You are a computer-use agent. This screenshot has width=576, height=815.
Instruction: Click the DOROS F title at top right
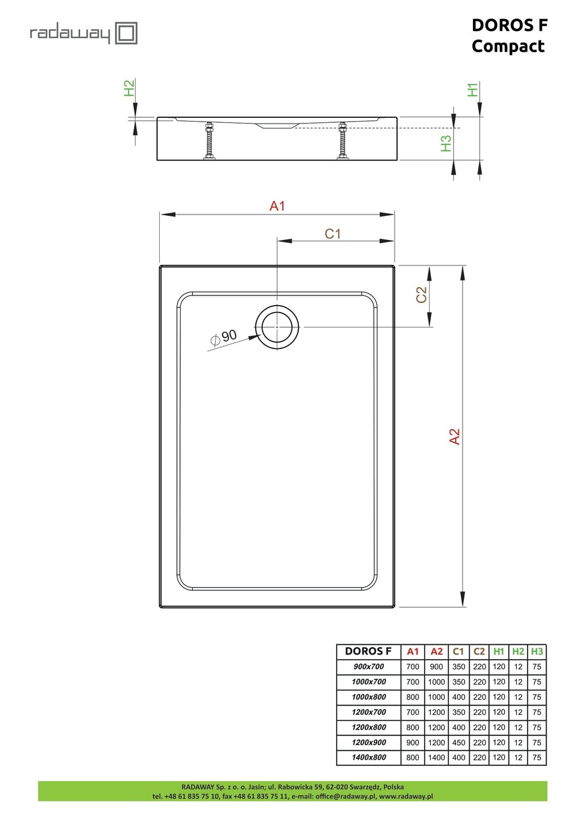click(x=509, y=25)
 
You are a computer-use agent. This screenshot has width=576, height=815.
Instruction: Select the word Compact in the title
click(x=508, y=46)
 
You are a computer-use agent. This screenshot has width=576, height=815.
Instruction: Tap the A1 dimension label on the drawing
click(x=277, y=206)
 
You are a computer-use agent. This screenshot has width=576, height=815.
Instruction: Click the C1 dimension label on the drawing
click(x=333, y=234)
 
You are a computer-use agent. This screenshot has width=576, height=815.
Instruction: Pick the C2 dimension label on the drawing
click(x=421, y=295)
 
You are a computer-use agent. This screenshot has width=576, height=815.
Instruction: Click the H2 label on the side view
click(x=129, y=88)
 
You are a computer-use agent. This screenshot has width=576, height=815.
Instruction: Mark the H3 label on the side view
click(x=446, y=144)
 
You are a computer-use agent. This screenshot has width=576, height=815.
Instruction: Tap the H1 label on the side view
click(x=473, y=90)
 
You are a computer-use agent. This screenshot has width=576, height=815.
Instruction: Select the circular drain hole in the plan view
click(x=277, y=327)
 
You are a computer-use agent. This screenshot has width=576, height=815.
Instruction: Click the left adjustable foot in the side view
click(x=207, y=141)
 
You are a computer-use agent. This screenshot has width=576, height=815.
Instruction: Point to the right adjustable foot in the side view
click(x=344, y=141)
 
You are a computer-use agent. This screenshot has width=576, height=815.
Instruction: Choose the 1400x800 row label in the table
click(x=369, y=758)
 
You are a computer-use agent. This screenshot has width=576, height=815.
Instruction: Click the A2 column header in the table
click(x=436, y=651)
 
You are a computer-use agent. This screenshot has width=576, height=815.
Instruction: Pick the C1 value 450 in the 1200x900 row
click(x=458, y=742)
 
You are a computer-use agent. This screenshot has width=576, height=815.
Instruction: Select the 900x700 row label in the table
click(x=369, y=666)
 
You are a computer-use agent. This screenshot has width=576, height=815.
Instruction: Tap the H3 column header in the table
click(x=537, y=651)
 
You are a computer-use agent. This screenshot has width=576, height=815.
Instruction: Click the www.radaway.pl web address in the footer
click(x=406, y=797)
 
